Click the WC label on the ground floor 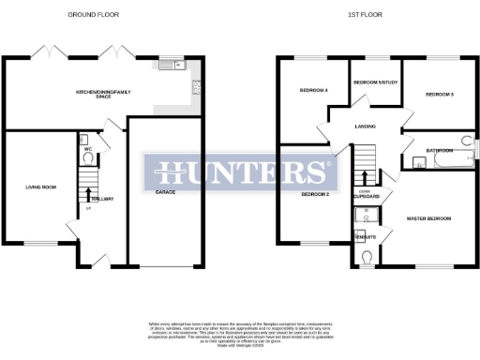(x=86, y=148)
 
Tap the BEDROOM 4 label (x=314, y=90)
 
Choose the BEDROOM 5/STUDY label (x=375, y=82)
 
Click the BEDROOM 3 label (x=440, y=95)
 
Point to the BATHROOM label (x=440, y=150)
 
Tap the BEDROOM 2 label (x=314, y=194)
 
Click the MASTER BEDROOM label (x=428, y=218)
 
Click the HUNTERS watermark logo (x=240, y=172)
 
